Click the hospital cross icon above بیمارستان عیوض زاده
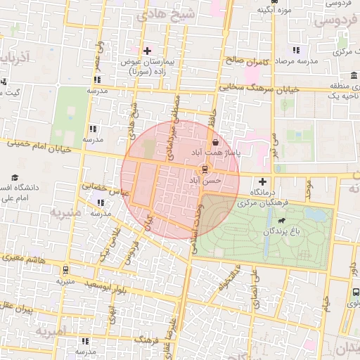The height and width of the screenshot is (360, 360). click(x=147, y=51)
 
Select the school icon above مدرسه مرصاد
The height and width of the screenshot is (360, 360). click(x=296, y=50)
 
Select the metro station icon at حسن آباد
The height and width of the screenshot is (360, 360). click(x=205, y=169)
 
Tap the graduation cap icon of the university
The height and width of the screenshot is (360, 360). click(x=13, y=179)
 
